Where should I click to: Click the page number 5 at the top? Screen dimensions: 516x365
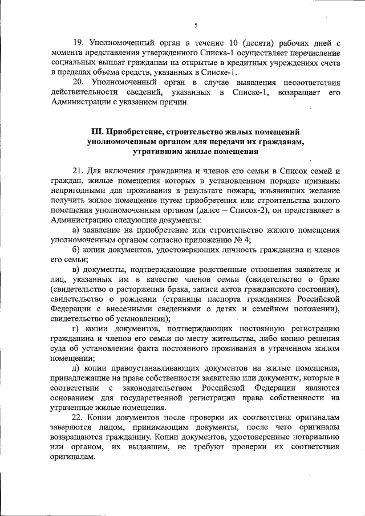point(196,26)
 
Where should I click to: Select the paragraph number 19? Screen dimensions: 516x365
point(79,43)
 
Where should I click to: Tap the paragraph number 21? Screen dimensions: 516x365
point(79,172)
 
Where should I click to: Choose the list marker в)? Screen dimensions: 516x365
point(77,269)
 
